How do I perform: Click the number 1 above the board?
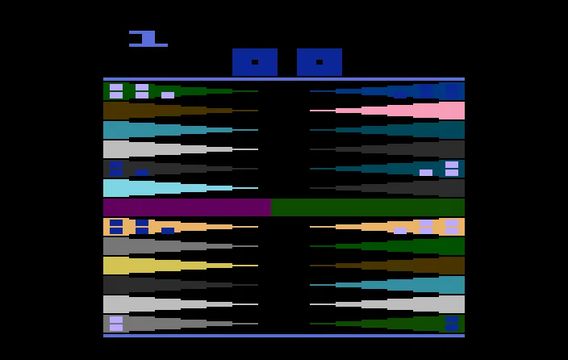click(148, 39)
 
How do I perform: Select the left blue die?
click(255, 62)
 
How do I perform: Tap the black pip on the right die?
click(319, 62)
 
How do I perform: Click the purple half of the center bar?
click(187, 207)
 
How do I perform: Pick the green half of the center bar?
click(368, 207)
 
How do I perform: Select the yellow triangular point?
click(181, 266)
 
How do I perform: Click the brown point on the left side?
click(181, 111)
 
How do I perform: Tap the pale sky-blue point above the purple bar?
click(181, 188)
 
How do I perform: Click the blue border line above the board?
click(284, 79)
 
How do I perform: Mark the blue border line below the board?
click(284, 336)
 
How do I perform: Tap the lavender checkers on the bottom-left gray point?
click(116, 324)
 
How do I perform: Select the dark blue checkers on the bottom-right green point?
click(452, 324)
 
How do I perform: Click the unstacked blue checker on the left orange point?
click(168, 231)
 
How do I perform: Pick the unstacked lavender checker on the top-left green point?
click(168, 95)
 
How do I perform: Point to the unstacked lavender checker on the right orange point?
click(400, 231)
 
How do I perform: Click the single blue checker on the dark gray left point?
click(142, 173)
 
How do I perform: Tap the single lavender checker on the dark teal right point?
click(426, 173)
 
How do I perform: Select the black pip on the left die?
click(255, 62)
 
